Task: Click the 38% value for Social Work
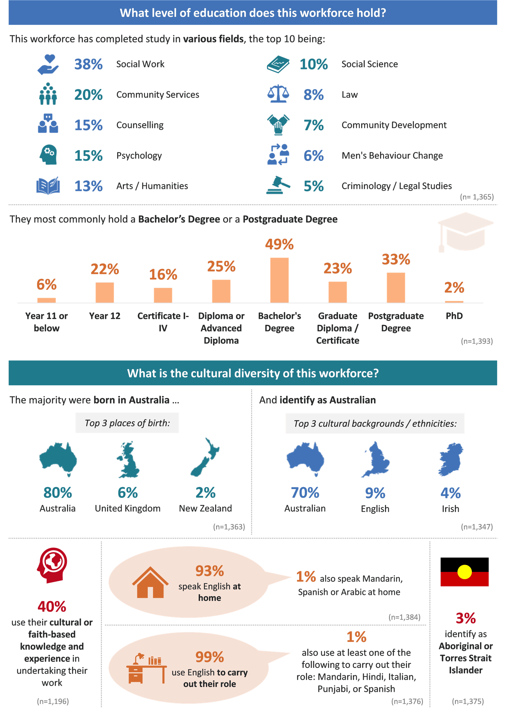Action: [x=88, y=64]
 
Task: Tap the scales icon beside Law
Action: [x=278, y=94]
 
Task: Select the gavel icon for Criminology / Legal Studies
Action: [x=278, y=185]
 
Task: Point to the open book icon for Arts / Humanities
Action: [x=48, y=186]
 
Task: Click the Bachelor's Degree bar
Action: [x=279, y=280]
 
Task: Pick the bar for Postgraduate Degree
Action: [x=396, y=287]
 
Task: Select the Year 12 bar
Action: [x=105, y=292]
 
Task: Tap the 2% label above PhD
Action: [x=454, y=288]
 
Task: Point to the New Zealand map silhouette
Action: [x=205, y=457]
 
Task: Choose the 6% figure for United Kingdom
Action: [x=128, y=493]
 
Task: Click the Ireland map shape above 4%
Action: [x=451, y=459]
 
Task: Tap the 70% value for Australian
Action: [x=305, y=493]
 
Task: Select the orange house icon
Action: [x=150, y=582]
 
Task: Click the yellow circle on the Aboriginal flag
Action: [x=464, y=572]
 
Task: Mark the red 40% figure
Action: [x=52, y=607]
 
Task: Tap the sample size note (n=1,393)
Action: [x=477, y=341]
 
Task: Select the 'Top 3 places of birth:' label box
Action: [x=127, y=423]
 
